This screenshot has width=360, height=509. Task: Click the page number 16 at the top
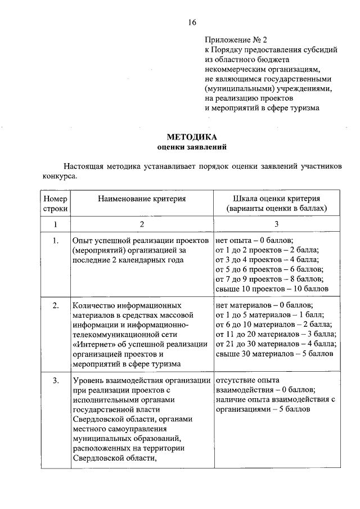pos(192,22)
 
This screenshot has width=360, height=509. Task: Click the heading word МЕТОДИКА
pos(191,137)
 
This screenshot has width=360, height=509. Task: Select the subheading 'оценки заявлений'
pos(191,147)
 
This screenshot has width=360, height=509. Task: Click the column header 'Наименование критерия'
pos(141,199)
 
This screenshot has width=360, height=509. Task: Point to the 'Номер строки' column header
pos(55,203)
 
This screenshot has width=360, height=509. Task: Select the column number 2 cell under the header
pos(142,225)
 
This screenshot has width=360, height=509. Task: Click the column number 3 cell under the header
pos(276,225)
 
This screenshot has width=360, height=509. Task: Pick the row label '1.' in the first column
pos(55,241)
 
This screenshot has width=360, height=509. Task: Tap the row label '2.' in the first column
pos(55,306)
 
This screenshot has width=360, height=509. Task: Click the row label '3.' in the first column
pos(55,380)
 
